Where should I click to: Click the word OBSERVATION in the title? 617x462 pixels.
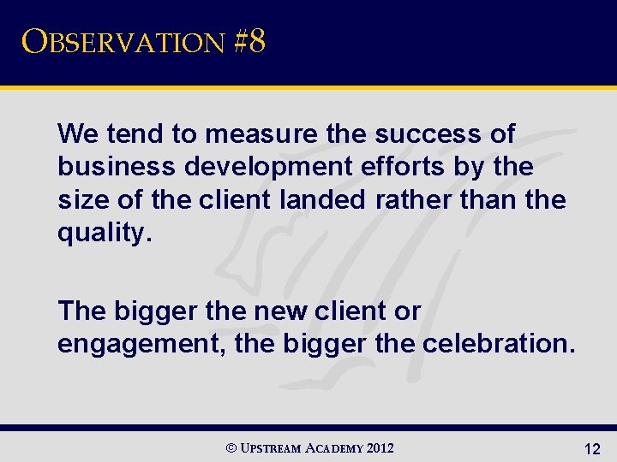(x=123, y=42)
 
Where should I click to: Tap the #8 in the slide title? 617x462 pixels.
(x=249, y=42)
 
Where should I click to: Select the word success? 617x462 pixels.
(x=422, y=134)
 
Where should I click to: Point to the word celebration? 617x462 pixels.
(x=506, y=344)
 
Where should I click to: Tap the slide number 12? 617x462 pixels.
(x=591, y=447)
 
